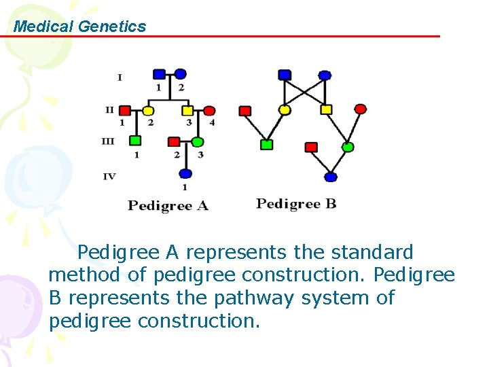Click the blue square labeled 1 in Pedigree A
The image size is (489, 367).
click(159, 74)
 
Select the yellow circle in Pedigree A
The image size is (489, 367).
click(148, 110)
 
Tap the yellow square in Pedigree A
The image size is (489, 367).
click(187, 110)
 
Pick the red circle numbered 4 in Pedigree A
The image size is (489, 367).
click(209, 110)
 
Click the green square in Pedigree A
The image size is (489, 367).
click(136, 141)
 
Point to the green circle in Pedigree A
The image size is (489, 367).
click(197, 142)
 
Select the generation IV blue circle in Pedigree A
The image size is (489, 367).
click(185, 174)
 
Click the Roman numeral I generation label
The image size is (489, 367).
click(120, 77)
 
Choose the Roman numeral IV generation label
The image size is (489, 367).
click(109, 177)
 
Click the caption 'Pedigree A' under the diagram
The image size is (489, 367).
click(168, 205)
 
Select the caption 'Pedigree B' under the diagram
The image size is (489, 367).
click(296, 203)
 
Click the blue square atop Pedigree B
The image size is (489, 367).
click(285, 74)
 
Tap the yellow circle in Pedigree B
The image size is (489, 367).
click(285, 109)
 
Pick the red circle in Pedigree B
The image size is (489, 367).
click(361, 109)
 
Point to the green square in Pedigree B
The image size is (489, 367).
click(267, 145)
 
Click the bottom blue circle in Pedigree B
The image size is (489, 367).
click(331, 177)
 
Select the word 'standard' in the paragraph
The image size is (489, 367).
click(372, 252)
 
